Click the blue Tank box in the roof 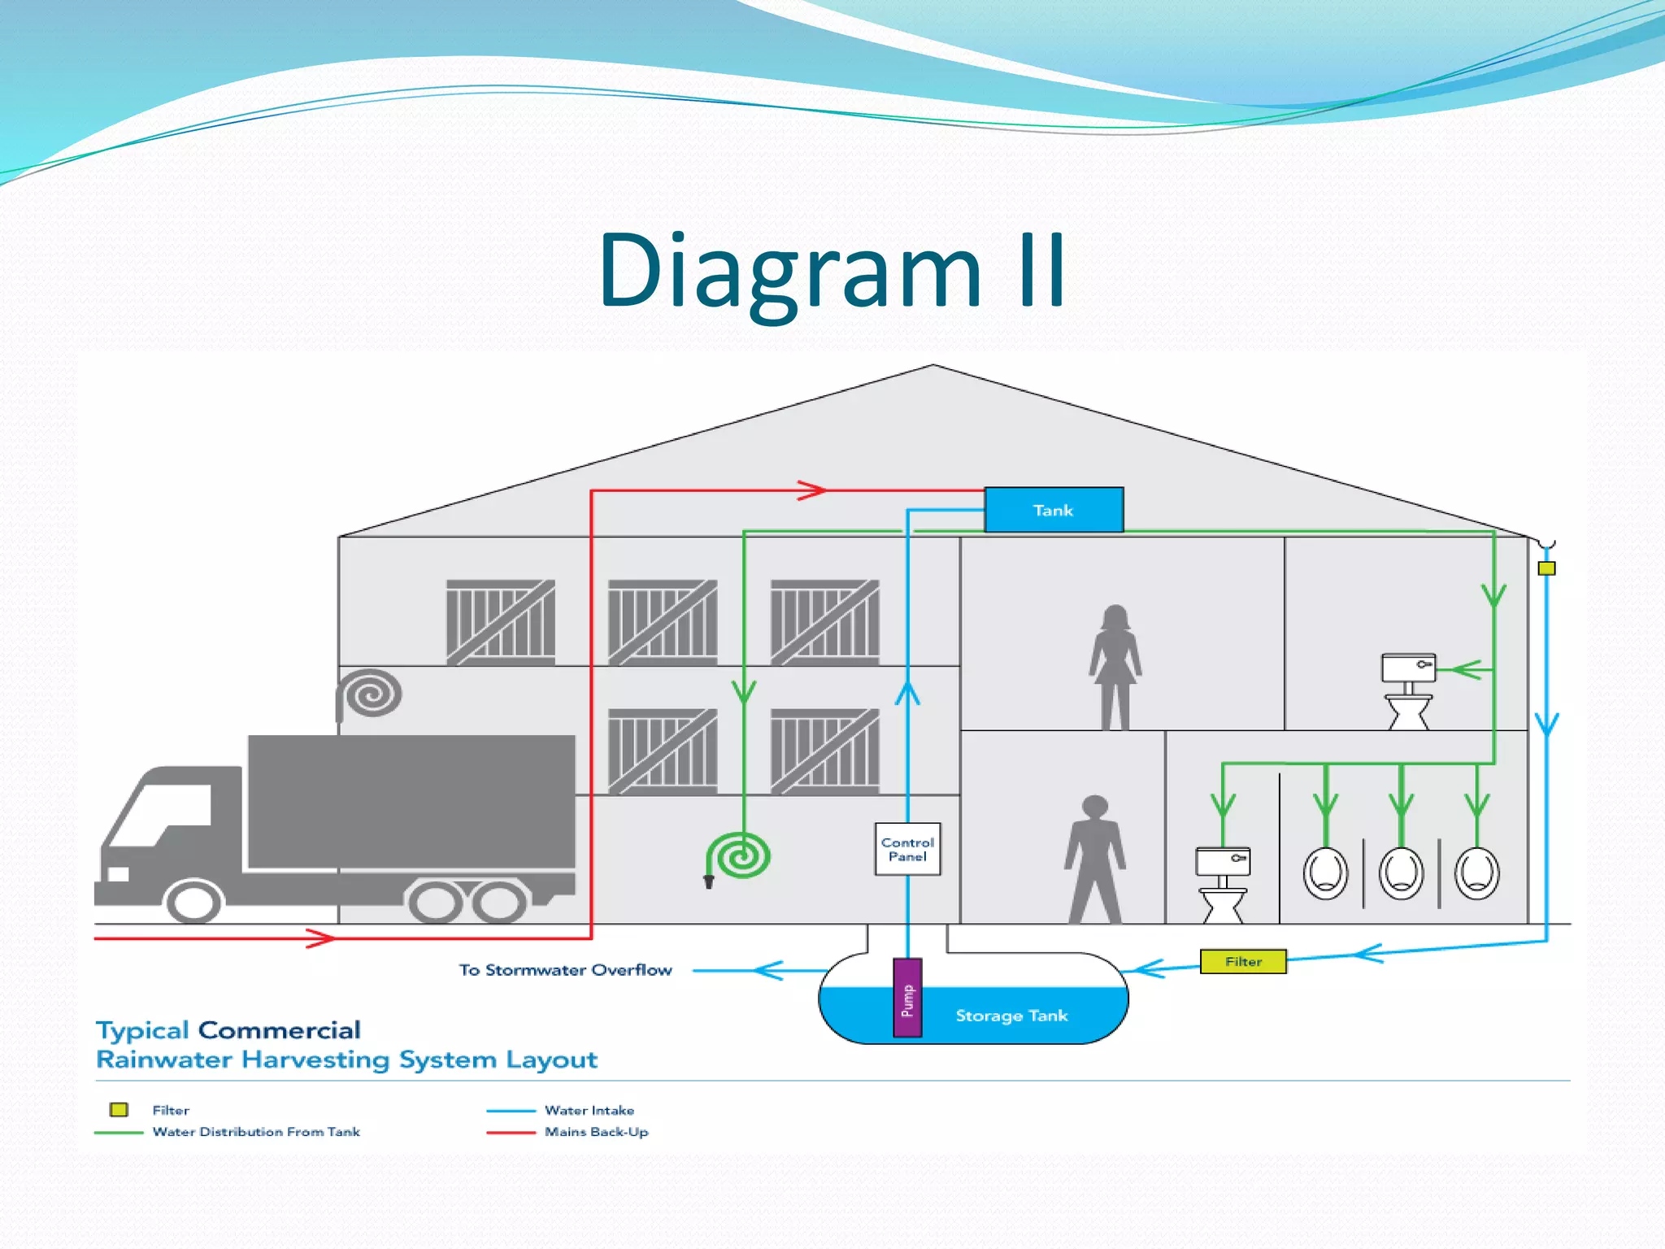pyautogui.click(x=1054, y=510)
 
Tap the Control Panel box pyautogui.click(x=907, y=849)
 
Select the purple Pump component pyautogui.click(x=907, y=998)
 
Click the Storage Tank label pyautogui.click(x=1011, y=1016)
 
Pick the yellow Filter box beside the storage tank pyautogui.click(x=1243, y=961)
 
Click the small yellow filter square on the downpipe pyautogui.click(x=1546, y=568)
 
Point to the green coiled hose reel pyautogui.click(x=741, y=855)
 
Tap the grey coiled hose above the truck pyautogui.click(x=372, y=693)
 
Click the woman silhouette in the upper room pyautogui.click(x=1115, y=667)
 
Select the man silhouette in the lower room pyautogui.click(x=1095, y=860)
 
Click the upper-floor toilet pyautogui.click(x=1409, y=690)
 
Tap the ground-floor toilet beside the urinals pyautogui.click(x=1223, y=884)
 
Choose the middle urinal pyautogui.click(x=1401, y=873)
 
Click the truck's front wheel pyautogui.click(x=193, y=902)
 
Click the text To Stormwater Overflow pyautogui.click(x=566, y=970)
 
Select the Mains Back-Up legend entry pyautogui.click(x=596, y=1132)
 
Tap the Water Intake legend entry pyautogui.click(x=589, y=1111)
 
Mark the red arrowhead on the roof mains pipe pyautogui.click(x=812, y=490)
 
